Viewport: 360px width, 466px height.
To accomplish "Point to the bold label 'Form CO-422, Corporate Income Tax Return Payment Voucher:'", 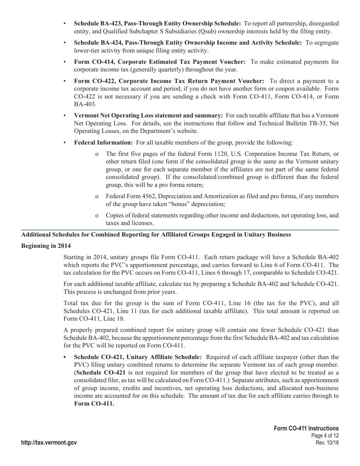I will pos(169,81).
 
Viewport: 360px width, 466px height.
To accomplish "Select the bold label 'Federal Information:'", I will pos(103,142).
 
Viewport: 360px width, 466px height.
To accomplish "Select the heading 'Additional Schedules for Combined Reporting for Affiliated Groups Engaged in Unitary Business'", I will pos(156,235).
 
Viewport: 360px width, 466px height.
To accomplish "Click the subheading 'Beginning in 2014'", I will pos(46,246).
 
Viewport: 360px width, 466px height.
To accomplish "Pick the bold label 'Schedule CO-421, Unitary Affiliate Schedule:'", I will pos(138,357).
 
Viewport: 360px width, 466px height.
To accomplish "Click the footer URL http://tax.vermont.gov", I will pos(49,443).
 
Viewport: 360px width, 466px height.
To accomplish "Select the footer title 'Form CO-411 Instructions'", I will pos(306,428).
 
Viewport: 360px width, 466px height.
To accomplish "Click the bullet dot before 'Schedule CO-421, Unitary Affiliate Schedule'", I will pos(65,357).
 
